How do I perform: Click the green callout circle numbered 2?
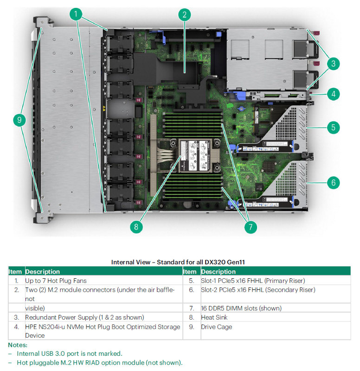click(x=185, y=14)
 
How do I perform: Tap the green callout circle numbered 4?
click(x=333, y=94)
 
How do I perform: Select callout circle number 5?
click(x=333, y=127)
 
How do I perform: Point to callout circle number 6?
click(x=333, y=182)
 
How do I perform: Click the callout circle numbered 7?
click(x=250, y=227)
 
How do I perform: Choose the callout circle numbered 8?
click(x=136, y=227)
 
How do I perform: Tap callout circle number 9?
click(x=19, y=120)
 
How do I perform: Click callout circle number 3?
click(x=333, y=63)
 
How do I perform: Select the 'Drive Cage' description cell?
click(x=217, y=326)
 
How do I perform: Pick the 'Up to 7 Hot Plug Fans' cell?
click(x=56, y=281)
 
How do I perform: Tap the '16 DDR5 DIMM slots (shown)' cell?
click(x=241, y=308)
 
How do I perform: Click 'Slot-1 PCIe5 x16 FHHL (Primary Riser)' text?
click(x=253, y=281)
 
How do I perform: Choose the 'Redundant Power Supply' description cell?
click(x=84, y=317)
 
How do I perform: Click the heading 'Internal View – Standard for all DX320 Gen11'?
click(x=178, y=262)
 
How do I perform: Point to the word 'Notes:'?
click(x=18, y=345)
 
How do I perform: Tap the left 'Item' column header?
click(x=15, y=271)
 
